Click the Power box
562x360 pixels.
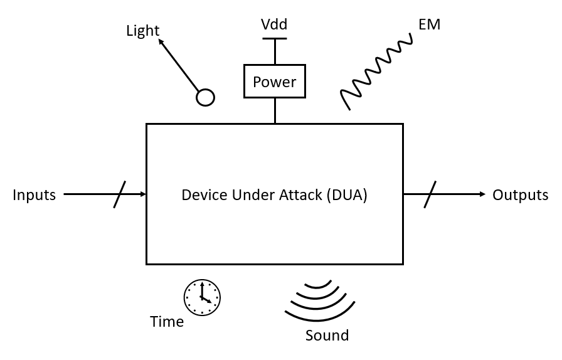(x=275, y=82)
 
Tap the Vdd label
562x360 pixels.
(x=274, y=24)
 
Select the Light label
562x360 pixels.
(x=142, y=31)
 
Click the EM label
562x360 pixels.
(x=429, y=24)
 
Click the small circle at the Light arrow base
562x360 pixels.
(x=205, y=97)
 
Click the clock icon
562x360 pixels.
(x=202, y=297)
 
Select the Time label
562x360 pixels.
(x=167, y=322)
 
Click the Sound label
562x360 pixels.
(x=327, y=336)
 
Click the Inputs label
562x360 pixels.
(x=34, y=195)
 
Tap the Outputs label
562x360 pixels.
(x=520, y=195)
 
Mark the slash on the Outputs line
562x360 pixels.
(x=430, y=194)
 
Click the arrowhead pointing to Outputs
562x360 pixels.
(x=482, y=194)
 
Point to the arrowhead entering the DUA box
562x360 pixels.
(x=143, y=194)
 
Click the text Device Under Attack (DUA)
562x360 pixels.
(x=274, y=195)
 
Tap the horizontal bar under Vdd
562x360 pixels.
(x=274, y=39)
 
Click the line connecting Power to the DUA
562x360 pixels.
(x=275, y=111)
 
